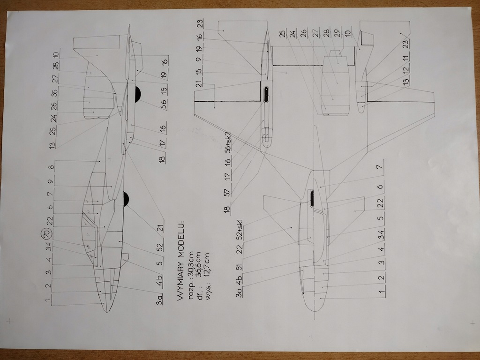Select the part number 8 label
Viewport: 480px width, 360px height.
51,166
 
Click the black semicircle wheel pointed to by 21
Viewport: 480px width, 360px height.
126,199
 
